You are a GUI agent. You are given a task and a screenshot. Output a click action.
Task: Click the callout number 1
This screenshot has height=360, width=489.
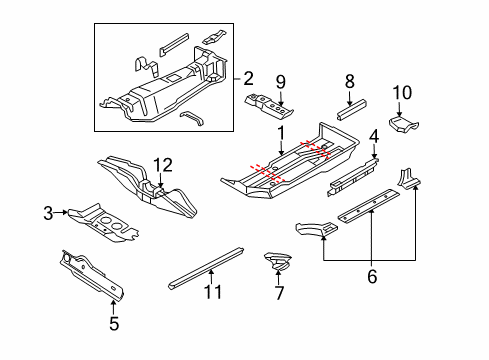pyautogui.click(x=282, y=133)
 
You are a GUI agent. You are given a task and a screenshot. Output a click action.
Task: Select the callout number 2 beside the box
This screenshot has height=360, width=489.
pyautogui.click(x=249, y=79)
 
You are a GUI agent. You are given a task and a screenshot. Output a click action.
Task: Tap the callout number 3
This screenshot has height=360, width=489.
pyautogui.click(x=48, y=213)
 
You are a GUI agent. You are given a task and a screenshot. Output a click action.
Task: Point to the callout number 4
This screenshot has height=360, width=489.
pyautogui.click(x=374, y=137)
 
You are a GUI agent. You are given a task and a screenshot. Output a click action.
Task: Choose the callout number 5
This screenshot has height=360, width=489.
pyautogui.click(x=114, y=323)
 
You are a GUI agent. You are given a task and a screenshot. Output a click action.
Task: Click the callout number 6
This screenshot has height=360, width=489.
pyautogui.click(x=372, y=276)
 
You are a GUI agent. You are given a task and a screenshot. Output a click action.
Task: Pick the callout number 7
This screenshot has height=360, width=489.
pyautogui.click(x=279, y=293)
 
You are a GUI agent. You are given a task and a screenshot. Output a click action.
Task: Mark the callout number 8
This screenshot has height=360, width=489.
pyautogui.click(x=349, y=81)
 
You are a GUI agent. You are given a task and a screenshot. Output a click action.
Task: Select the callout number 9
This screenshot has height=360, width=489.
pyautogui.click(x=281, y=82)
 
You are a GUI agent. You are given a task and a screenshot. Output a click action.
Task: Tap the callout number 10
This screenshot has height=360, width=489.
pyautogui.click(x=402, y=92)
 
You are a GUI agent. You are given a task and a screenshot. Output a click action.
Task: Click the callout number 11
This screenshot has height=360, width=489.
pyautogui.click(x=213, y=292)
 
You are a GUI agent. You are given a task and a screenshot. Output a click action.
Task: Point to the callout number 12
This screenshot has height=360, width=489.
pyautogui.click(x=163, y=165)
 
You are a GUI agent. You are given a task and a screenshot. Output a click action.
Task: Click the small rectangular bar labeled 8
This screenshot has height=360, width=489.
pyautogui.click(x=351, y=109)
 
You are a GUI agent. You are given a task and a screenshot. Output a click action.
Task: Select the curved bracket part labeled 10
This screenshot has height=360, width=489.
pyautogui.click(x=404, y=124)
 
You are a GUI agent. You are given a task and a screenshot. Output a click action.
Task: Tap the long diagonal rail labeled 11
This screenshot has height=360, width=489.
pyautogui.click(x=206, y=269)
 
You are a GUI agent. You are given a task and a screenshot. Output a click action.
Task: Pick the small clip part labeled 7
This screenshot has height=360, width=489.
pyautogui.click(x=278, y=261)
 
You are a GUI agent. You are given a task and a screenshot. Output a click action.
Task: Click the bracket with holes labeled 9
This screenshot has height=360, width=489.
pyautogui.click(x=269, y=106)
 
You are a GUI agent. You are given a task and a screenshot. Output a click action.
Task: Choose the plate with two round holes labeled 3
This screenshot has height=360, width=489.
pyautogui.click(x=103, y=223)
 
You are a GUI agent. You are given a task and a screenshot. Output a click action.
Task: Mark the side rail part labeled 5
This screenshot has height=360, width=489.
pyautogui.click(x=92, y=275)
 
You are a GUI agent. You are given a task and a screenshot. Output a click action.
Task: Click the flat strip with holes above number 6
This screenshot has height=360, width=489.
pyautogui.click(x=369, y=206)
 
